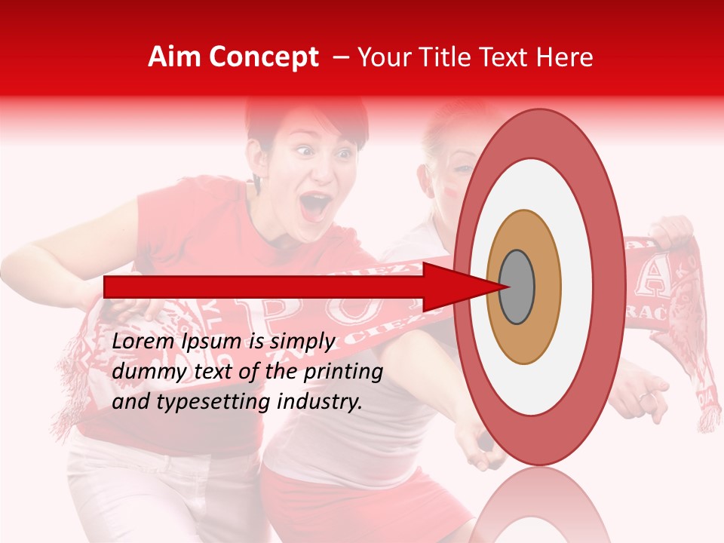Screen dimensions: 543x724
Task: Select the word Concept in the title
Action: point(262,57)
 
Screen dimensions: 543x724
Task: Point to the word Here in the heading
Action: point(565,57)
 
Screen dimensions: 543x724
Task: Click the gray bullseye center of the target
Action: point(517,287)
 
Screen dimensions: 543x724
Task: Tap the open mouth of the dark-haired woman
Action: point(316,205)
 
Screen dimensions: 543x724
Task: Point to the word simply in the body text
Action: point(302,342)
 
